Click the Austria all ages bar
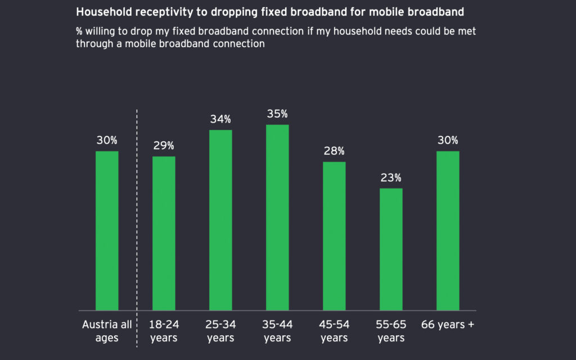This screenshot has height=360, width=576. pos(107,231)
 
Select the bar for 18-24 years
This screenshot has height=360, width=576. pos(164,233)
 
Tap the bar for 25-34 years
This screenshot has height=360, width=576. pos(220,220)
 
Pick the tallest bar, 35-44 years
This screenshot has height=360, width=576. pos(277,217)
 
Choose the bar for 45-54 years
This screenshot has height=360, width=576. pos(334,236)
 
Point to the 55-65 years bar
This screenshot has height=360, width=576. pos(391,249)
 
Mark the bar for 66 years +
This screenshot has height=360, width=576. pos(448,231)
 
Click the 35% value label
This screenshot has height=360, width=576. pos(277,114)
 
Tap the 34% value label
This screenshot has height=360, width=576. pos(220,119)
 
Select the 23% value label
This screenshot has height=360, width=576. pos(391,178)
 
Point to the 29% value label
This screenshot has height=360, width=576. pos(164,146)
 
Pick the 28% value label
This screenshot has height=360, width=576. pos(334,151)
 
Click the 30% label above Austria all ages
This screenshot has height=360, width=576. pos(107,141)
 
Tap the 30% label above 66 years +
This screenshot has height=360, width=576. pos(448,141)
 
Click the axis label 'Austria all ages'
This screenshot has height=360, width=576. pos(107,331)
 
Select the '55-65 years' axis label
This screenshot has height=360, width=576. pos(391,331)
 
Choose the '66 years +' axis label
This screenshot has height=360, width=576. pos(448,325)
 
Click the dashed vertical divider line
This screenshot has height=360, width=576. pos(137,225)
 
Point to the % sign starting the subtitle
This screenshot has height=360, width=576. pos(79,31)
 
